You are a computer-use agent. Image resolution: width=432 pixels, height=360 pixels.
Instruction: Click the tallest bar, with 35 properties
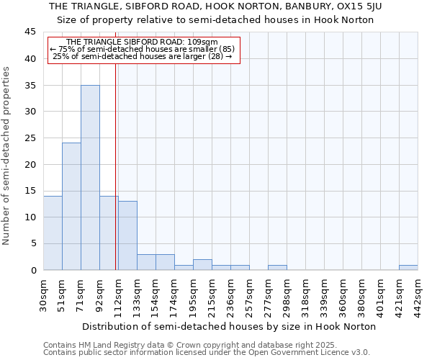90,177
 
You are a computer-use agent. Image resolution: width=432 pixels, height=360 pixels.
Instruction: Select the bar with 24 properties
71,207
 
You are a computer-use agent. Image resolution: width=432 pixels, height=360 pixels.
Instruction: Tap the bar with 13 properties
127,235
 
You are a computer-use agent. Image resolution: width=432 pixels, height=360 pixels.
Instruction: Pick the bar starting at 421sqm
408,267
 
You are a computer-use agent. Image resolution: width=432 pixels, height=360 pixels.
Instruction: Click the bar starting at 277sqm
277,267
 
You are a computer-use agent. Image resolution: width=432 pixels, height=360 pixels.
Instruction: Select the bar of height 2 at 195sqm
202,264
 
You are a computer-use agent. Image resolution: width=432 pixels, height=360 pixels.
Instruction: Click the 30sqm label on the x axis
43,293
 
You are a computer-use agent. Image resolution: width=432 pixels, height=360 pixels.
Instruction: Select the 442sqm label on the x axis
418,293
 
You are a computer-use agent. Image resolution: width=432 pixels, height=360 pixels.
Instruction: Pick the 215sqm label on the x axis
212,293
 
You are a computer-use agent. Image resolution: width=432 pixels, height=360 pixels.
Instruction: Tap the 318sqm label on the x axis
305,293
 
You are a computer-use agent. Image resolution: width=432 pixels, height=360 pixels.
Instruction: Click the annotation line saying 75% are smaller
143,49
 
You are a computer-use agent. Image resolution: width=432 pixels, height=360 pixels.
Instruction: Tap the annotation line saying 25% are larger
143,56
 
